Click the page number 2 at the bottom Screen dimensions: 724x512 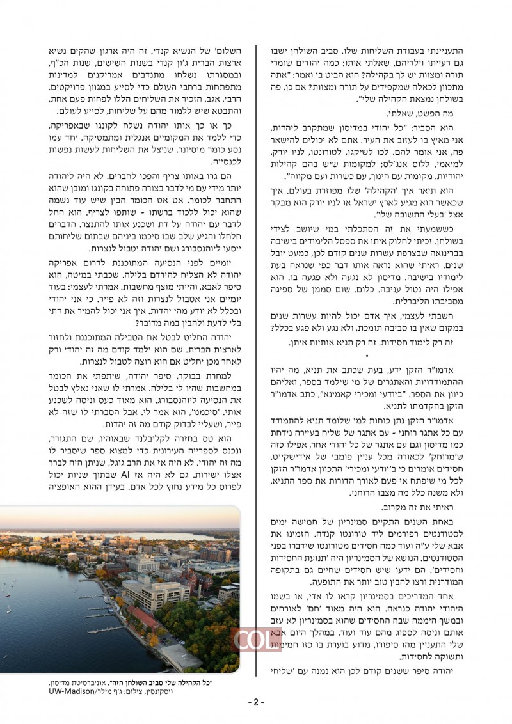256,702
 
